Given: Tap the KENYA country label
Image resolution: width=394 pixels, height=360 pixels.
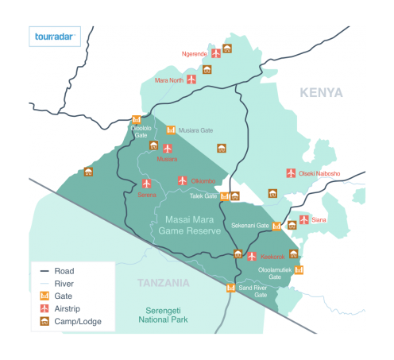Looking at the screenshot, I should point(321,93).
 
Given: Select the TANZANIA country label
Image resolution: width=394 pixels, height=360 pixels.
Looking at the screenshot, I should point(164,283).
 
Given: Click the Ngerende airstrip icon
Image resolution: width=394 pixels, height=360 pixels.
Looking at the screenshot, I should point(215,53).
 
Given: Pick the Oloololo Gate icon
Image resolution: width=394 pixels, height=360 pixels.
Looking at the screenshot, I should point(136,121).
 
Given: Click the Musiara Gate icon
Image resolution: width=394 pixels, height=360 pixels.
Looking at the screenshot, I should point(171,130).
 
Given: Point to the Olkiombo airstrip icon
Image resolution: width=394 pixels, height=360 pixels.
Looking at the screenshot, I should point(182,180).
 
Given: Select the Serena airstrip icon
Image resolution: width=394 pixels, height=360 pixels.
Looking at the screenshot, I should point(146,183).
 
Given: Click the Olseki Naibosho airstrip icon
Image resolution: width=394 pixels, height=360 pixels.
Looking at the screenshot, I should point(290,173).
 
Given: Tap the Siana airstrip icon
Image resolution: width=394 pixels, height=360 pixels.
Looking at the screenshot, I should point(303,219).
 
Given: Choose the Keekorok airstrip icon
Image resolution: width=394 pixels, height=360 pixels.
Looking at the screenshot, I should point(252,256).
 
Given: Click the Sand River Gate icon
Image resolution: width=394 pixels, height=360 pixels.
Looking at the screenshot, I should point(231,287).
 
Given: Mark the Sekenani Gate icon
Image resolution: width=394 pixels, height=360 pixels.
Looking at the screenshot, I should point(276,226).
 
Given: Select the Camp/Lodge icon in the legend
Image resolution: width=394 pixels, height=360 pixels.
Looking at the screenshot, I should point(45,322).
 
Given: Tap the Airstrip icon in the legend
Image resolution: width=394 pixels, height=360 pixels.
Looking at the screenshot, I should point(45,308).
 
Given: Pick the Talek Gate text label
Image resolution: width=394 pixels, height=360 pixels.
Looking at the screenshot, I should point(204,195).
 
